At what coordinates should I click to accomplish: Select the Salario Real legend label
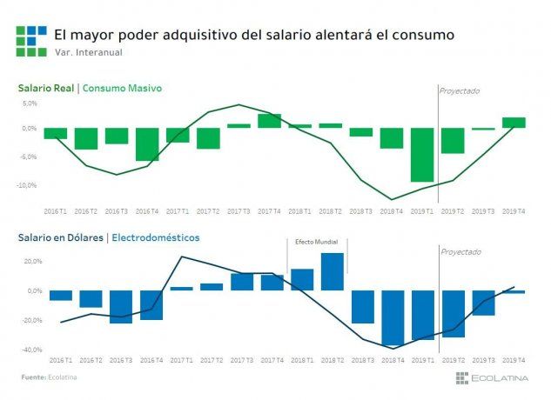tap(44, 88)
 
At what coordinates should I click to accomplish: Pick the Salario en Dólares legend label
tap(57, 237)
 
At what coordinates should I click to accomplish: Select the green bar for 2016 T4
tap(147, 144)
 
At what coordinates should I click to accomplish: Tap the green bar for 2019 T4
tap(514, 123)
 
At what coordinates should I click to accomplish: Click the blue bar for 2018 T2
tap(333, 271)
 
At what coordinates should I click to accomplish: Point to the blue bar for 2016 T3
tap(121, 306)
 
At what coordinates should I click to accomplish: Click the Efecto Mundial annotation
tap(317, 243)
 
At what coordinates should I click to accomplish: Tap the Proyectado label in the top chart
tap(460, 91)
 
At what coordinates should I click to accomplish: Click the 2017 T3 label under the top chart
tap(239, 210)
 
